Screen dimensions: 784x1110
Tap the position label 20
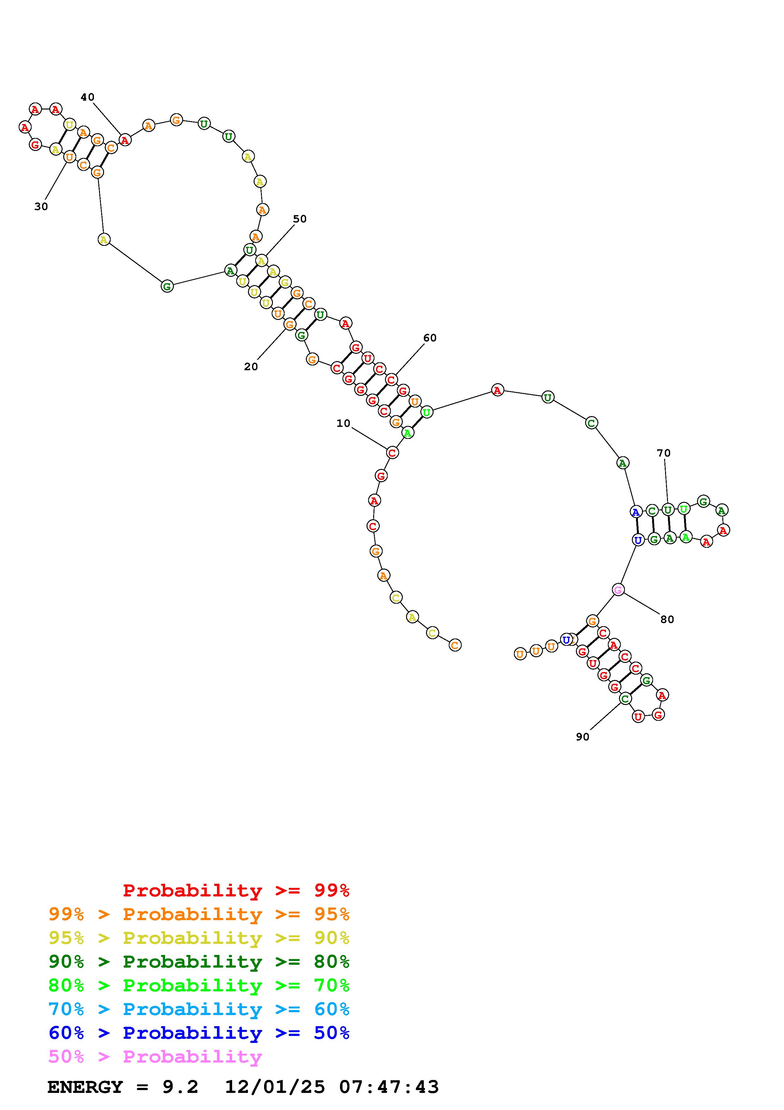251,367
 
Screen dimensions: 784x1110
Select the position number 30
41,206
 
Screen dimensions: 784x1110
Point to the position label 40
87,97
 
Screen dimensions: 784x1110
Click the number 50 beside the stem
299,219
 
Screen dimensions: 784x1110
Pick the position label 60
429,338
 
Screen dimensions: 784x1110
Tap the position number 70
664,453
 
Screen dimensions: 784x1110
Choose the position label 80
667,619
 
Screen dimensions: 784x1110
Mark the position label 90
583,737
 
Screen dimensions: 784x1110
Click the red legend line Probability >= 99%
236,890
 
